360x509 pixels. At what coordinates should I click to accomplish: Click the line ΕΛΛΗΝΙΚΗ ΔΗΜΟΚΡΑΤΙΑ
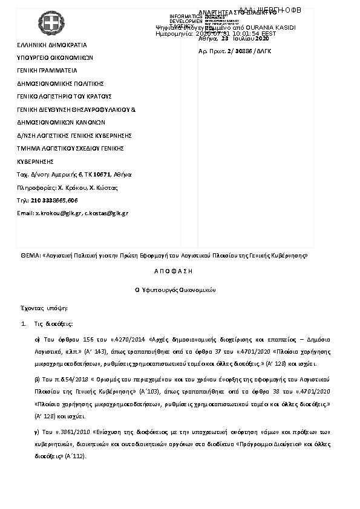coord(51,45)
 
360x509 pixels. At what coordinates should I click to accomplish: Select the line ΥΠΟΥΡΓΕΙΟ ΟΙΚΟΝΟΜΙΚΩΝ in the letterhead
coord(54,57)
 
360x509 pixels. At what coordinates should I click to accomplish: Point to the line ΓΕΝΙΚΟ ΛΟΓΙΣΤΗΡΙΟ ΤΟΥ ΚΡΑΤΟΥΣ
coord(64,96)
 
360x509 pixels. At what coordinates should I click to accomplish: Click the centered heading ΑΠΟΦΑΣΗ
coord(180,273)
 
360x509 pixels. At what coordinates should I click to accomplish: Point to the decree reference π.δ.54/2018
coord(64,378)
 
